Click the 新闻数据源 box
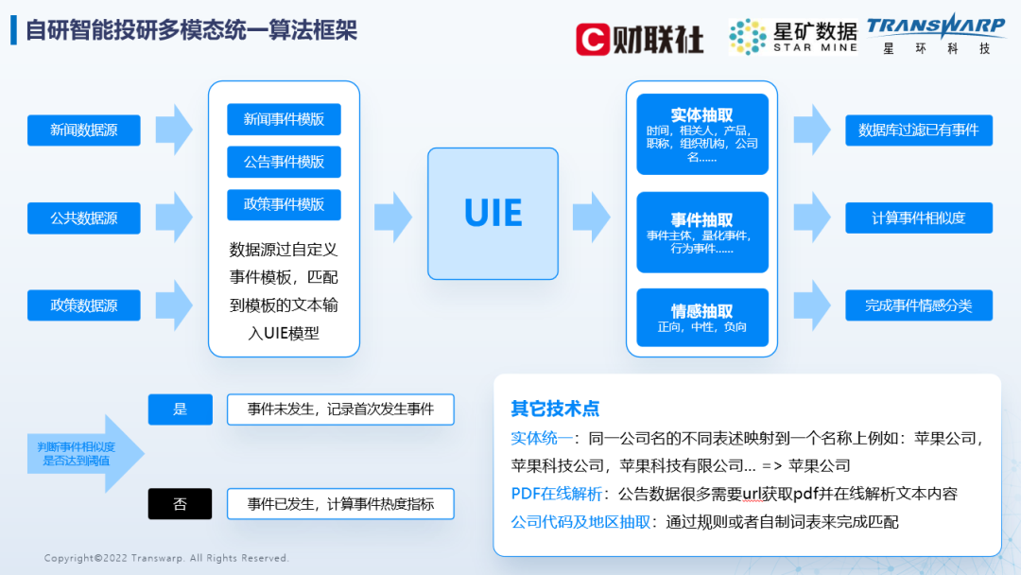[84, 131]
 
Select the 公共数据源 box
[84, 218]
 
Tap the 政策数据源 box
[84, 305]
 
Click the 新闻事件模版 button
[284, 119]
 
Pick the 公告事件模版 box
[284, 162]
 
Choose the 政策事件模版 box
[284, 204]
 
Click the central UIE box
[493, 213]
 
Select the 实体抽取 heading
[701, 114]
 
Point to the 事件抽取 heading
[701, 220]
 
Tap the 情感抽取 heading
[701, 310]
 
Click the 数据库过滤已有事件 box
[918, 131]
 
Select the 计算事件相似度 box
[918, 218]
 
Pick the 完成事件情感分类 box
[918, 305]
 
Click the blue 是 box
[180, 409]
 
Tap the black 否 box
[180, 504]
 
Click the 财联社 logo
[640, 38]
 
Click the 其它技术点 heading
[555, 409]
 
